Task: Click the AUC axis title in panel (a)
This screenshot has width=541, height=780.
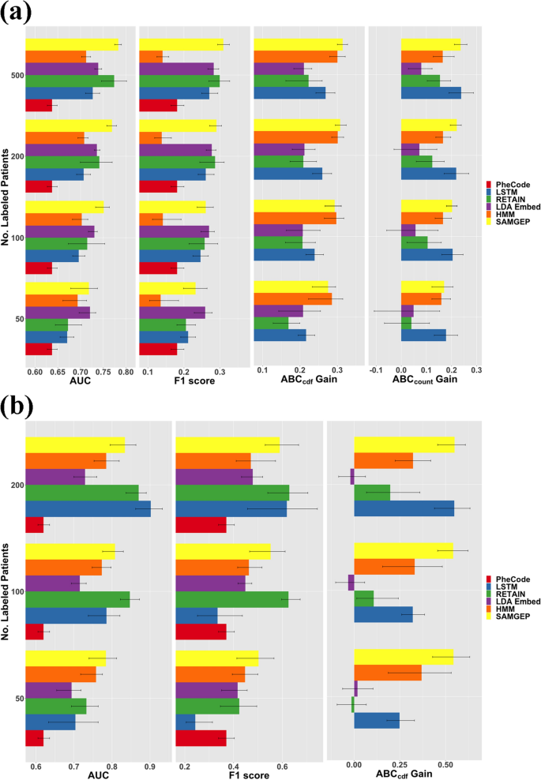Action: pyautogui.click(x=80, y=383)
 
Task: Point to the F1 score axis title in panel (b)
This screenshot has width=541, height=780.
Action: pyautogui.click(x=248, y=775)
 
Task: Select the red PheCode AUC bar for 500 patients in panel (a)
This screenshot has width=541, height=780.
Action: pyautogui.click(x=39, y=106)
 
